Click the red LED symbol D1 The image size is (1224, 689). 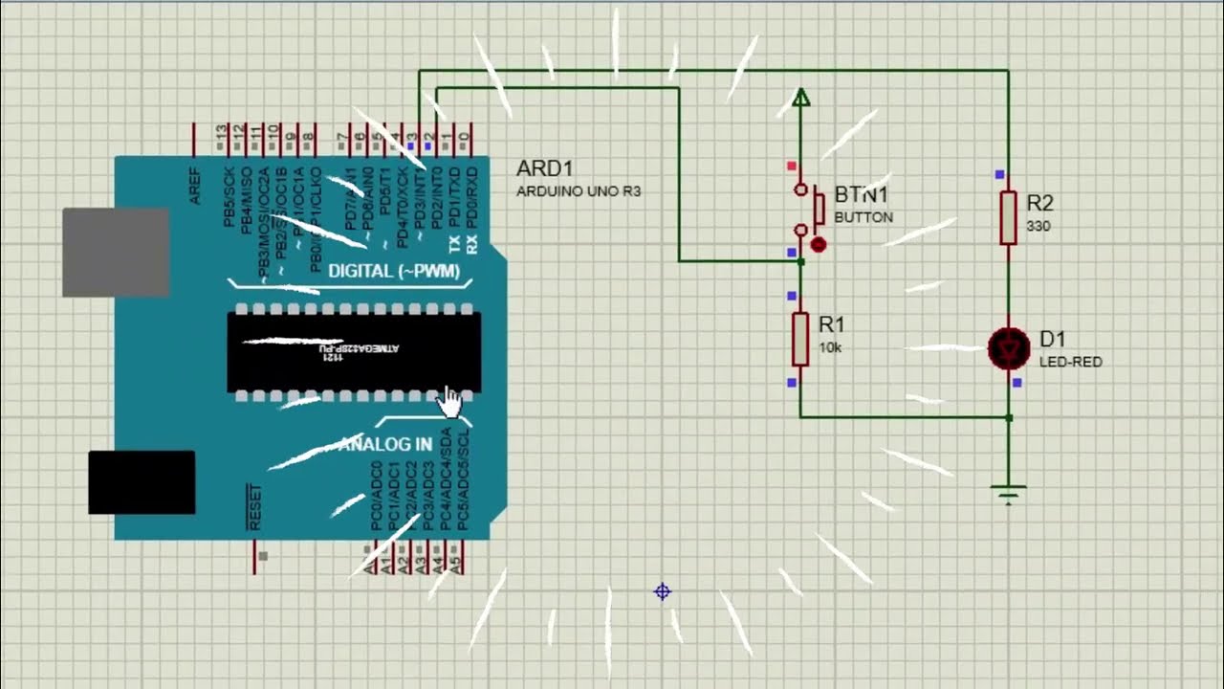[1008, 349]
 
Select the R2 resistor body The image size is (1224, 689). [1008, 217]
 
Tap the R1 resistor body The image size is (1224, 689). [800, 339]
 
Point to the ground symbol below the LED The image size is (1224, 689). [1008, 493]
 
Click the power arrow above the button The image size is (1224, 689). [801, 97]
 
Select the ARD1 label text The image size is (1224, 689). [544, 169]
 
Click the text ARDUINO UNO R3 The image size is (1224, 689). [579, 191]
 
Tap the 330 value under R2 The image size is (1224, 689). [1038, 227]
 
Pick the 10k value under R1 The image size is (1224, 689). [830, 348]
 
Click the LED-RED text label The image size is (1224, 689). [1070, 363]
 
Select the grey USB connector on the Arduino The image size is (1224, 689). [116, 252]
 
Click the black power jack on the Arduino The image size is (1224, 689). [142, 482]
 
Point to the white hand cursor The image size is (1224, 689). [448, 402]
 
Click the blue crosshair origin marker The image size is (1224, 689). [662, 591]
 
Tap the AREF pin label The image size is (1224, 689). [195, 186]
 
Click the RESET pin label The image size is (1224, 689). [254, 508]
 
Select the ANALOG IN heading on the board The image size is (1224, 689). [384, 445]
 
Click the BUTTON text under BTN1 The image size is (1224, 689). [863, 217]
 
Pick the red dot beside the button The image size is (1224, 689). [818, 245]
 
